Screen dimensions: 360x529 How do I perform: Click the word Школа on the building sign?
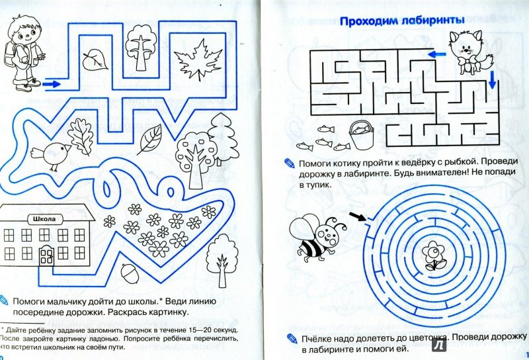[42, 219]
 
